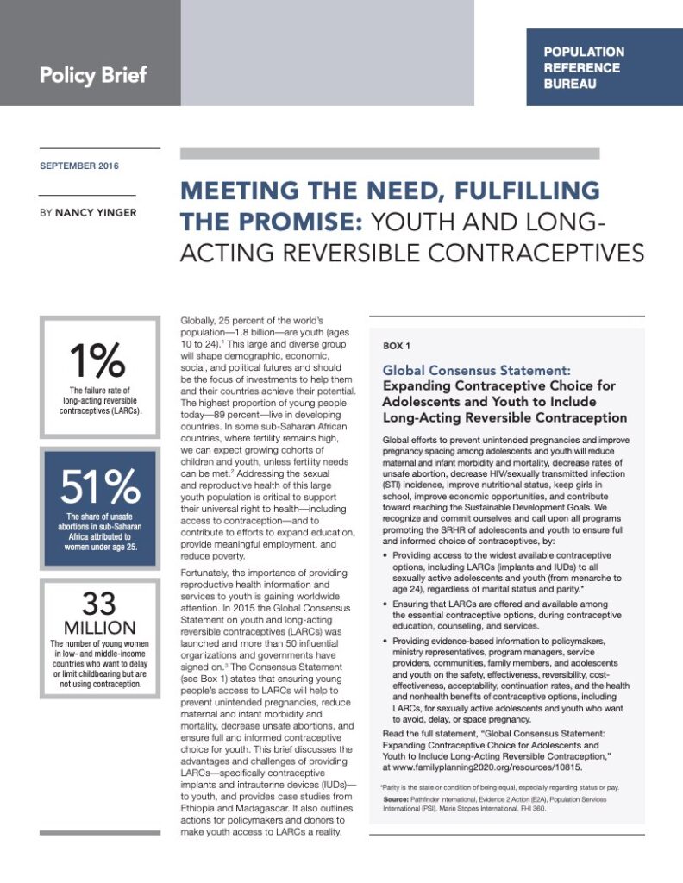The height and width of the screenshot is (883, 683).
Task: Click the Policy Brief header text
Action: (93, 74)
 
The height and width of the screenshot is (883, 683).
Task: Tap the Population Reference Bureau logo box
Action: (603, 67)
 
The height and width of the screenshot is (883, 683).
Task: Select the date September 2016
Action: (79, 166)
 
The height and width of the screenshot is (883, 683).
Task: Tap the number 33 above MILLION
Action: (99, 604)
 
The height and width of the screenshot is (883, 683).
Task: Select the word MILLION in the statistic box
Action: (99, 627)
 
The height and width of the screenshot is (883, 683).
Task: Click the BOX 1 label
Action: (397, 346)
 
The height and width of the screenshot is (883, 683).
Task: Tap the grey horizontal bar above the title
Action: (389, 153)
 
